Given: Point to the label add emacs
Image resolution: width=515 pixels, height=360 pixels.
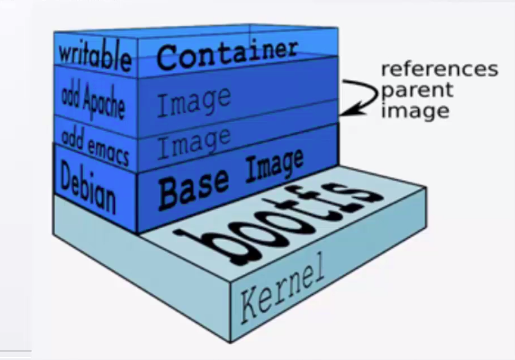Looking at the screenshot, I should [x=95, y=145].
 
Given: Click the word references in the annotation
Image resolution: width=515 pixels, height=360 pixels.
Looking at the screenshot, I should [x=439, y=69].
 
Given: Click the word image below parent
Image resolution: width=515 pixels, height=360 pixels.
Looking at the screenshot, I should [x=415, y=110].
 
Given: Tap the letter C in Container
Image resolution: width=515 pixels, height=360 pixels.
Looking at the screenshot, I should [x=168, y=59].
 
